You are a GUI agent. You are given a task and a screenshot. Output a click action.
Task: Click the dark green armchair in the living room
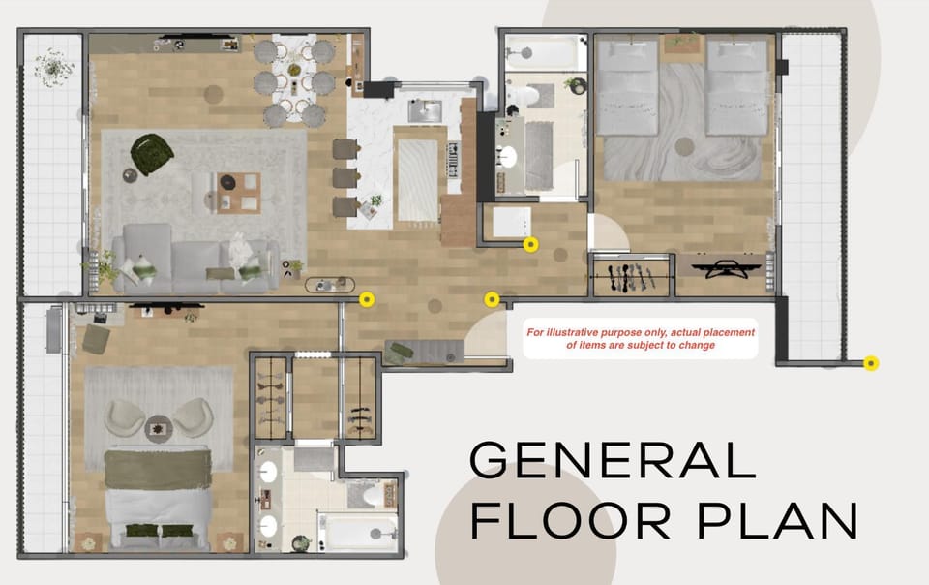[x=152, y=154]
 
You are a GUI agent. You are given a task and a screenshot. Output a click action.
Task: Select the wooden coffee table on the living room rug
[x=238, y=191]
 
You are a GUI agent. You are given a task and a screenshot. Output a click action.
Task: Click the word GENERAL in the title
[x=612, y=459]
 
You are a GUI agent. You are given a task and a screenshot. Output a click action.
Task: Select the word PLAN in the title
[x=774, y=521]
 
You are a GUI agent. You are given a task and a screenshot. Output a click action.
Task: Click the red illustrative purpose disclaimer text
[x=641, y=338]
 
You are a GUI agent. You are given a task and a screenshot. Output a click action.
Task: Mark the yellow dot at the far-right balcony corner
[x=871, y=364]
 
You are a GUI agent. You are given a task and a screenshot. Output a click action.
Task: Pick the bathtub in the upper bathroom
[x=531, y=49]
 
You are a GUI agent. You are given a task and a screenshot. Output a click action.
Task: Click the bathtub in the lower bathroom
[x=357, y=531]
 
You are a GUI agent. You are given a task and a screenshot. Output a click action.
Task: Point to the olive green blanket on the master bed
[x=158, y=470]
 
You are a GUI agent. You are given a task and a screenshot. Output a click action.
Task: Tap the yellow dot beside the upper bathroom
[x=530, y=245]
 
